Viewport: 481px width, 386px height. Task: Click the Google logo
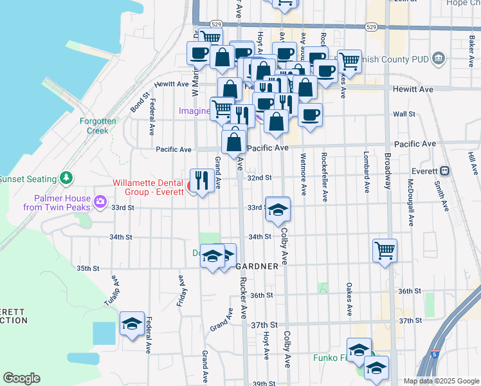[21, 378]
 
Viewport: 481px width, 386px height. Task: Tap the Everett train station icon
[444, 172]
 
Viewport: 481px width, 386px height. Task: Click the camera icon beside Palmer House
[100, 202]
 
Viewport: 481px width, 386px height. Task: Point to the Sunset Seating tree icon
[65, 178]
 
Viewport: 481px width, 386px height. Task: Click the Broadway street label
[388, 170]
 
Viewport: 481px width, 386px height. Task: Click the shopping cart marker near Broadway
[385, 250]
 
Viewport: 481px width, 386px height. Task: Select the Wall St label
[404, 114]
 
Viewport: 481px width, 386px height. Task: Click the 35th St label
[87, 268]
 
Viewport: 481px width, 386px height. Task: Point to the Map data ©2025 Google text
[441, 381]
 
